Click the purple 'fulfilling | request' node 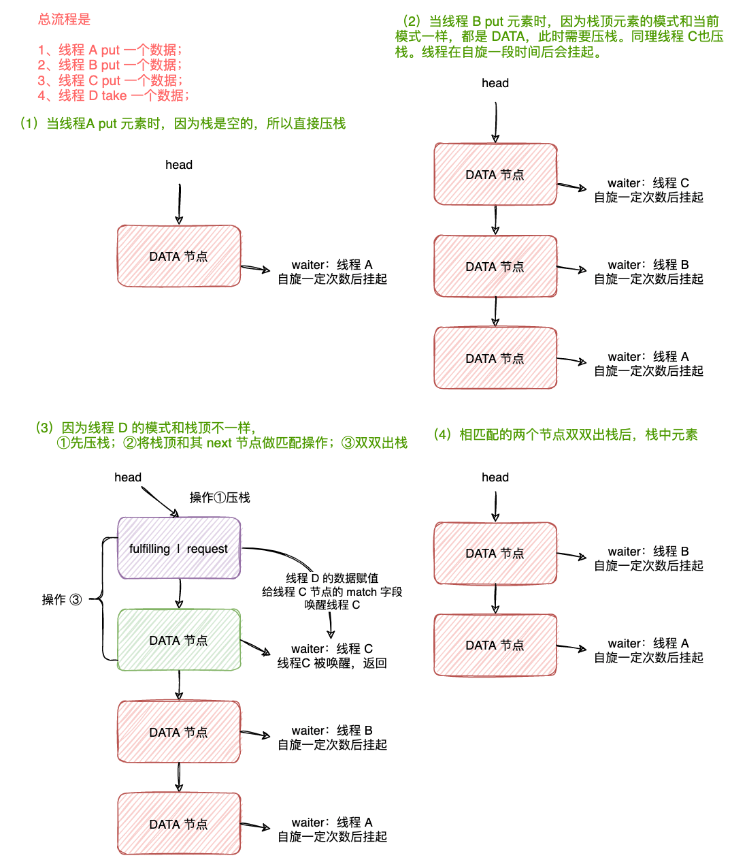(x=179, y=548)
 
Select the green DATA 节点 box (x=179, y=640)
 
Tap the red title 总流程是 (x=64, y=20)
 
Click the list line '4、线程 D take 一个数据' (x=113, y=95)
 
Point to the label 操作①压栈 (x=220, y=498)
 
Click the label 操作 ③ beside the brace (x=61, y=599)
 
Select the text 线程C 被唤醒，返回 (x=332, y=663)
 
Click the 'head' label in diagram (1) (x=179, y=165)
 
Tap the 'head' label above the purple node (x=128, y=477)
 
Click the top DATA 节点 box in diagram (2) (x=495, y=174)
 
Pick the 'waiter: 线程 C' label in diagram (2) (x=648, y=183)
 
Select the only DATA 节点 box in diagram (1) (x=179, y=256)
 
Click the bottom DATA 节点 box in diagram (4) (x=495, y=645)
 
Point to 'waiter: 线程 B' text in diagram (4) (x=648, y=552)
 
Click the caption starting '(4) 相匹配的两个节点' (x=565, y=434)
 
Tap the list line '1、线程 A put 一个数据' (x=110, y=50)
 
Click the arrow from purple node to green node (x=179, y=593)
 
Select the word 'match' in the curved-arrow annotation (x=361, y=592)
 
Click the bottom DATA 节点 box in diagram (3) (x=179, y=824)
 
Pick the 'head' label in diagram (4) (x=495, y=477)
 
